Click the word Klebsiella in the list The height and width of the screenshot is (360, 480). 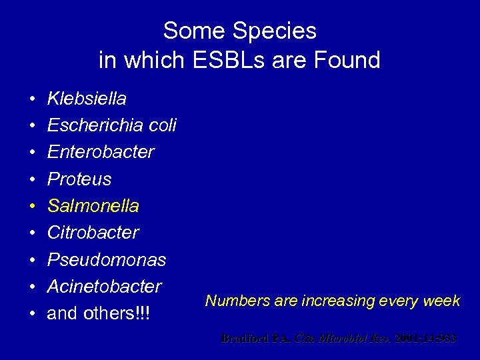[x=87, y=99]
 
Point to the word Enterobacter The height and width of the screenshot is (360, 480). [x=101, y=152]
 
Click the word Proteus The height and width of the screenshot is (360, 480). [x=79, y=179]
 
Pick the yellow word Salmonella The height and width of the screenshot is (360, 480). [x=93, y=206]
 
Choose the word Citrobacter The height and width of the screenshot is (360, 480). [x=93, y=233]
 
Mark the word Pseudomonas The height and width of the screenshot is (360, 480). [x=107, y=259]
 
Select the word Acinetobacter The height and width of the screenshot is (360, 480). [x=105, y=287]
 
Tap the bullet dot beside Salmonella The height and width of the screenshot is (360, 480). [x=32, y=207]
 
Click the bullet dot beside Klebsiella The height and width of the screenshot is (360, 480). [x=32, y=99]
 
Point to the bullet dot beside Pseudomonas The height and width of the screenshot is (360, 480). [x=32, y=260]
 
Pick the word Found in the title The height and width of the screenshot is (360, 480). [x=347, y=61]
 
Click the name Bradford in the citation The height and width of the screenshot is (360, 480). [x=244, y=339]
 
